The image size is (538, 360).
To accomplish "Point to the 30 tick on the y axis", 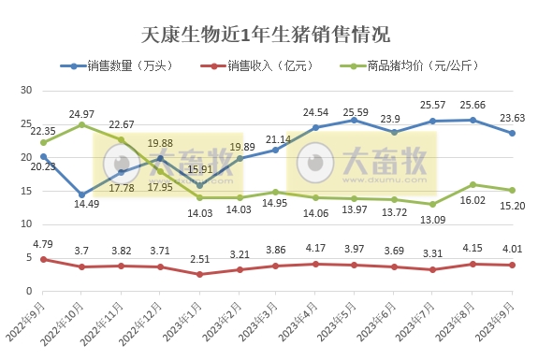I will [26, 90].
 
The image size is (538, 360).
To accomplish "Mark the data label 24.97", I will [83, 113].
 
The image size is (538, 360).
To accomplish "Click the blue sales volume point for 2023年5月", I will [355, 120].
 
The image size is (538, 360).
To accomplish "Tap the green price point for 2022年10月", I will [82, 124].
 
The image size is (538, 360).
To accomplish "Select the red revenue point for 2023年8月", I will [473, 264].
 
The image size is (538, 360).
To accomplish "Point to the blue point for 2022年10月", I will [82, 194].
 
